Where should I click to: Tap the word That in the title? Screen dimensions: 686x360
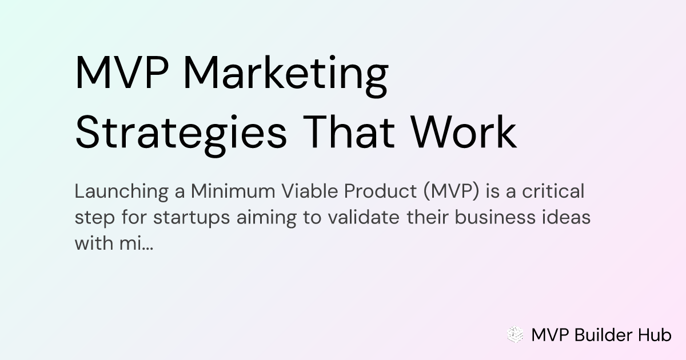point(349,133)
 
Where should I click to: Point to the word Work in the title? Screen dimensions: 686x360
point(464,133)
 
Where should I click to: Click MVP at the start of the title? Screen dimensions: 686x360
point(122,73)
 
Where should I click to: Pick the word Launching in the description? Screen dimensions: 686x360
point(122,192)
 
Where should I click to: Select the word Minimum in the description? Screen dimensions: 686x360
point(233,191)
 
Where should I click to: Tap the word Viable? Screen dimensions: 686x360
point(309,191)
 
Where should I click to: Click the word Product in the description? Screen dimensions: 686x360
point(380,191)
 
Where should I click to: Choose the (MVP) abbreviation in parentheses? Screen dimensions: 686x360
point(452,191)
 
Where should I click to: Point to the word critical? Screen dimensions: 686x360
point(553,191)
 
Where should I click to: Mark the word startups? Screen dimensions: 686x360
point(192,218)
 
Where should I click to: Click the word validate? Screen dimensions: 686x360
point(364,217)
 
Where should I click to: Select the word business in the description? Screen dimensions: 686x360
point(495,217)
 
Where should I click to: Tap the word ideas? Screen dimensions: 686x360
point(567,217)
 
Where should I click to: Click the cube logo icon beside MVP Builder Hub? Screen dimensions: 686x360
point(515,334)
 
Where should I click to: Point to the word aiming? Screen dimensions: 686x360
point(266,218)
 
